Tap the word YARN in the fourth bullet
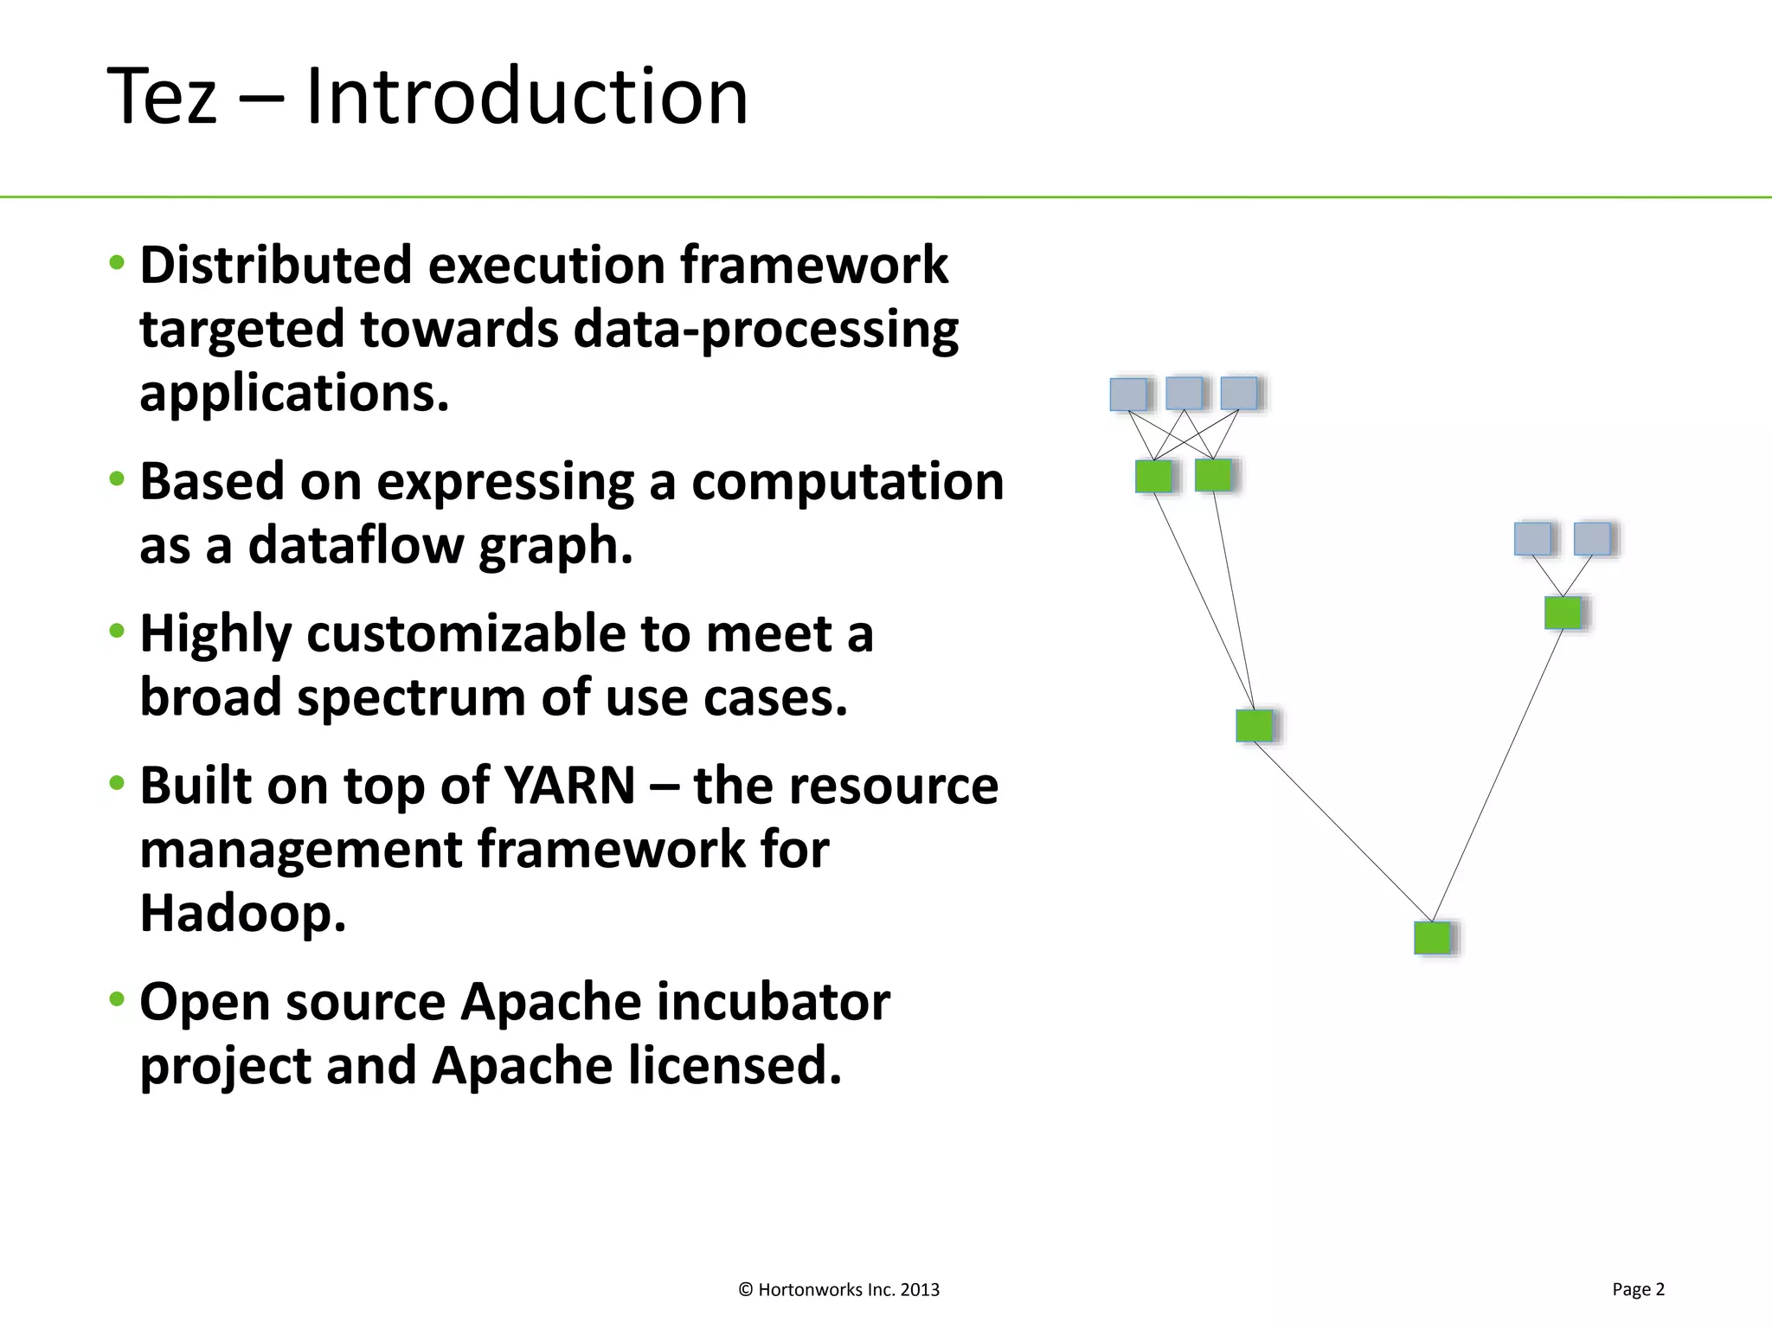569,786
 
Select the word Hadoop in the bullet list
242,913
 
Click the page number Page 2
1638,1289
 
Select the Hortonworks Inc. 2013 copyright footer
838,1290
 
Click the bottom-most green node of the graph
1432,938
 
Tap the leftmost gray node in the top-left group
1128,394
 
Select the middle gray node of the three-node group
1184,393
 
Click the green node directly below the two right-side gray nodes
1563,613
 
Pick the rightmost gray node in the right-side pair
1592,539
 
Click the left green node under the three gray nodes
1153,476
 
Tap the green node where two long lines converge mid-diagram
1254,725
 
